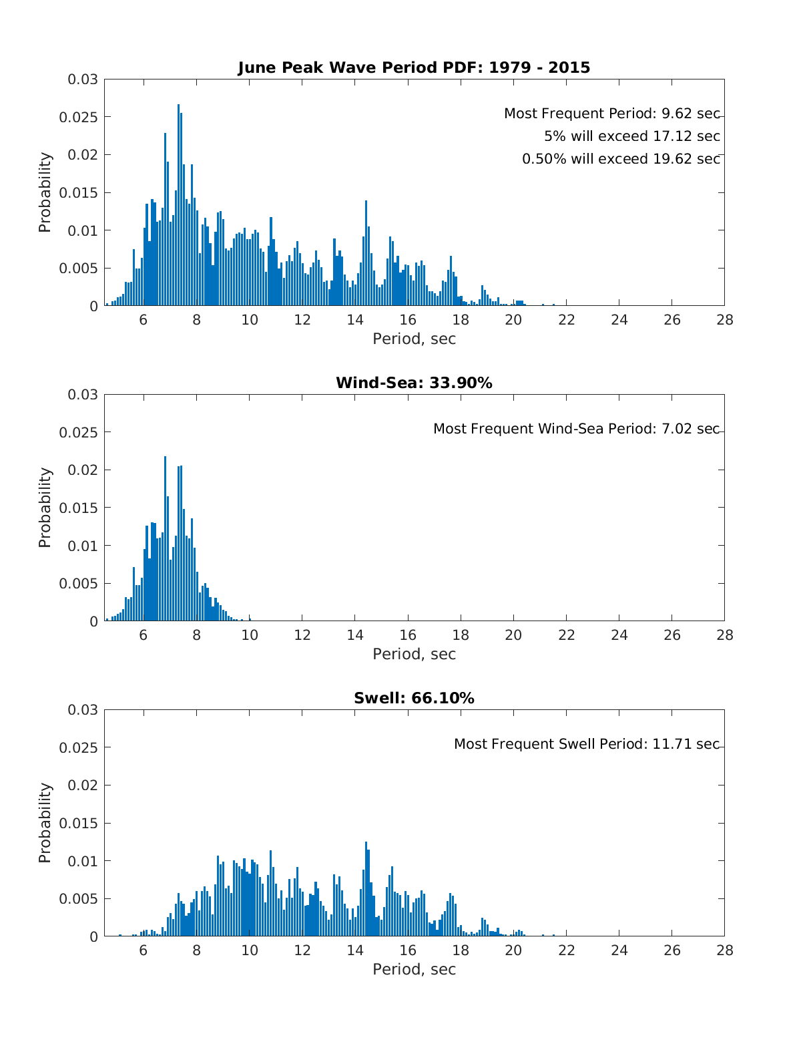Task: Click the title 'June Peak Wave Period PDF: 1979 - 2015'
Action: click(414, 67)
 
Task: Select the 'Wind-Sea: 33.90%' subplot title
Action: click(414, 383)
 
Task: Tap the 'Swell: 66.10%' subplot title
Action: click(414, 698)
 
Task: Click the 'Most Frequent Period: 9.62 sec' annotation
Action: click(611, 114)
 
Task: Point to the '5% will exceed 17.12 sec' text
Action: click(631, 136)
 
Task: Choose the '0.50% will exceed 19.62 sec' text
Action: click(621, 159)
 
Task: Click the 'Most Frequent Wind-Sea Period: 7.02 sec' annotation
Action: click(576, 429)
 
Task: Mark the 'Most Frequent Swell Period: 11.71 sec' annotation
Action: click(586, 744)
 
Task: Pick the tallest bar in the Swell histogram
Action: click(366, 888)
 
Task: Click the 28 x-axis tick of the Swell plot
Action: click(724, 950)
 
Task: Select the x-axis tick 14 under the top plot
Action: click(355, 320)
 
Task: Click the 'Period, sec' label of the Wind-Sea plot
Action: click(414, 654)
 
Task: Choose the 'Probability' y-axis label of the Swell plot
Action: click(45, 823)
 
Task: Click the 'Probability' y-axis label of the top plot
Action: click(45, 192)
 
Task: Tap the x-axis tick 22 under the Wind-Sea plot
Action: click(567, 635)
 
